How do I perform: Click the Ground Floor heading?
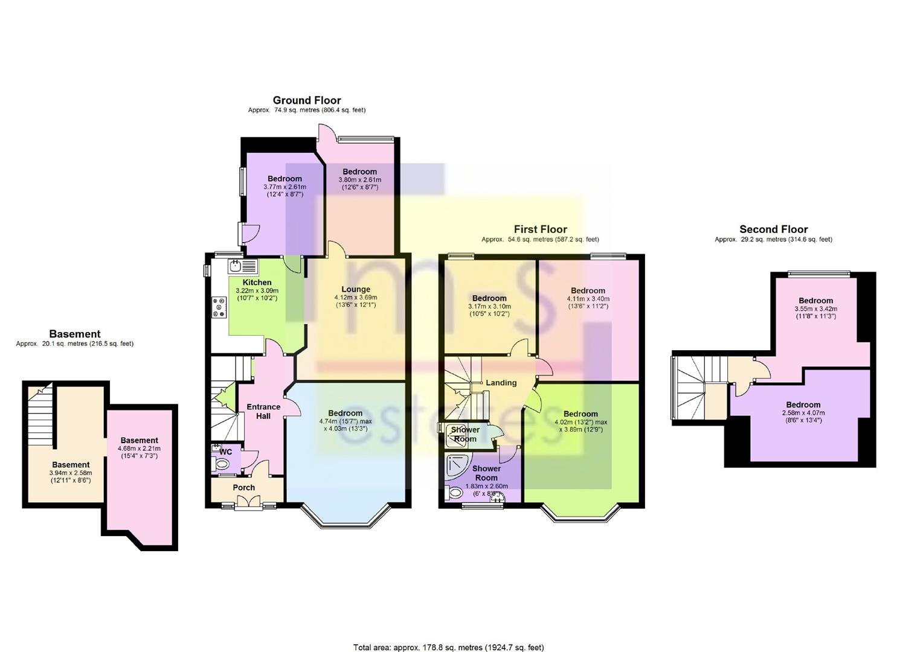coord(307,100)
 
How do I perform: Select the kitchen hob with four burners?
coord(219,307)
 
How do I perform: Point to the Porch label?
coord(244,487)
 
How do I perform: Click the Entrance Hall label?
coord(263,411)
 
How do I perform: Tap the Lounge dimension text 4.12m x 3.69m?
coord(356,298)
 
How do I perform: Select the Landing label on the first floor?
coord(501,383)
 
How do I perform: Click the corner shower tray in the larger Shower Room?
coord(458,467)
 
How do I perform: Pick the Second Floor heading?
coord(773,229)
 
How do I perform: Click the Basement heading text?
coord(74,334)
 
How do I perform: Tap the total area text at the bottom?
coord(448,636)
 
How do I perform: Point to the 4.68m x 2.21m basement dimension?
coord(139,449)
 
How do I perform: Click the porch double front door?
coord(248,502)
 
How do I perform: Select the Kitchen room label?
coord(257,282)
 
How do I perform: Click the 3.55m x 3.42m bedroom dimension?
coord(815,308)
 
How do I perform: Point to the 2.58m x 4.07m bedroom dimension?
coord(803,413)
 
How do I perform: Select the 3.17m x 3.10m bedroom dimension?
coord(489,306)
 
